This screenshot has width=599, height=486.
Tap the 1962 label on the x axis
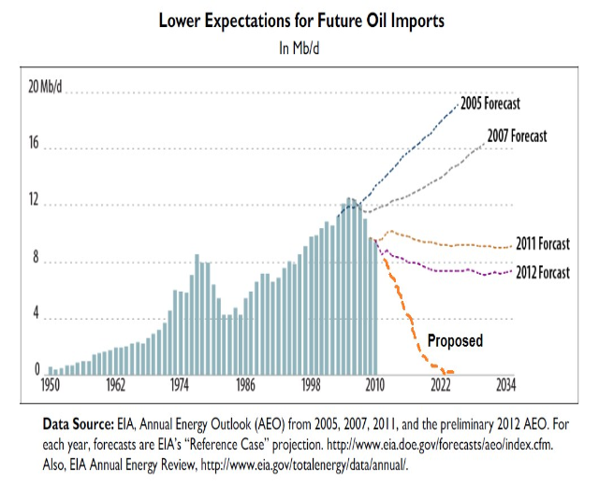pos(117,384)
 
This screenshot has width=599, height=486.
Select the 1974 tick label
pos(181,384)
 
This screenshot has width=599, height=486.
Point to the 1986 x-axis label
pos(246,384)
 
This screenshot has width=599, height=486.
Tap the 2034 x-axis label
pos(506,384)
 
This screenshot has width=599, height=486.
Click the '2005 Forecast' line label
pos(489,103)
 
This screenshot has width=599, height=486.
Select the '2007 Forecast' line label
pos(517,136)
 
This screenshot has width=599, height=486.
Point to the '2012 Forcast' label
pos(542,273)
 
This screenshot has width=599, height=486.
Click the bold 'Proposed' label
pos(455,340)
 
